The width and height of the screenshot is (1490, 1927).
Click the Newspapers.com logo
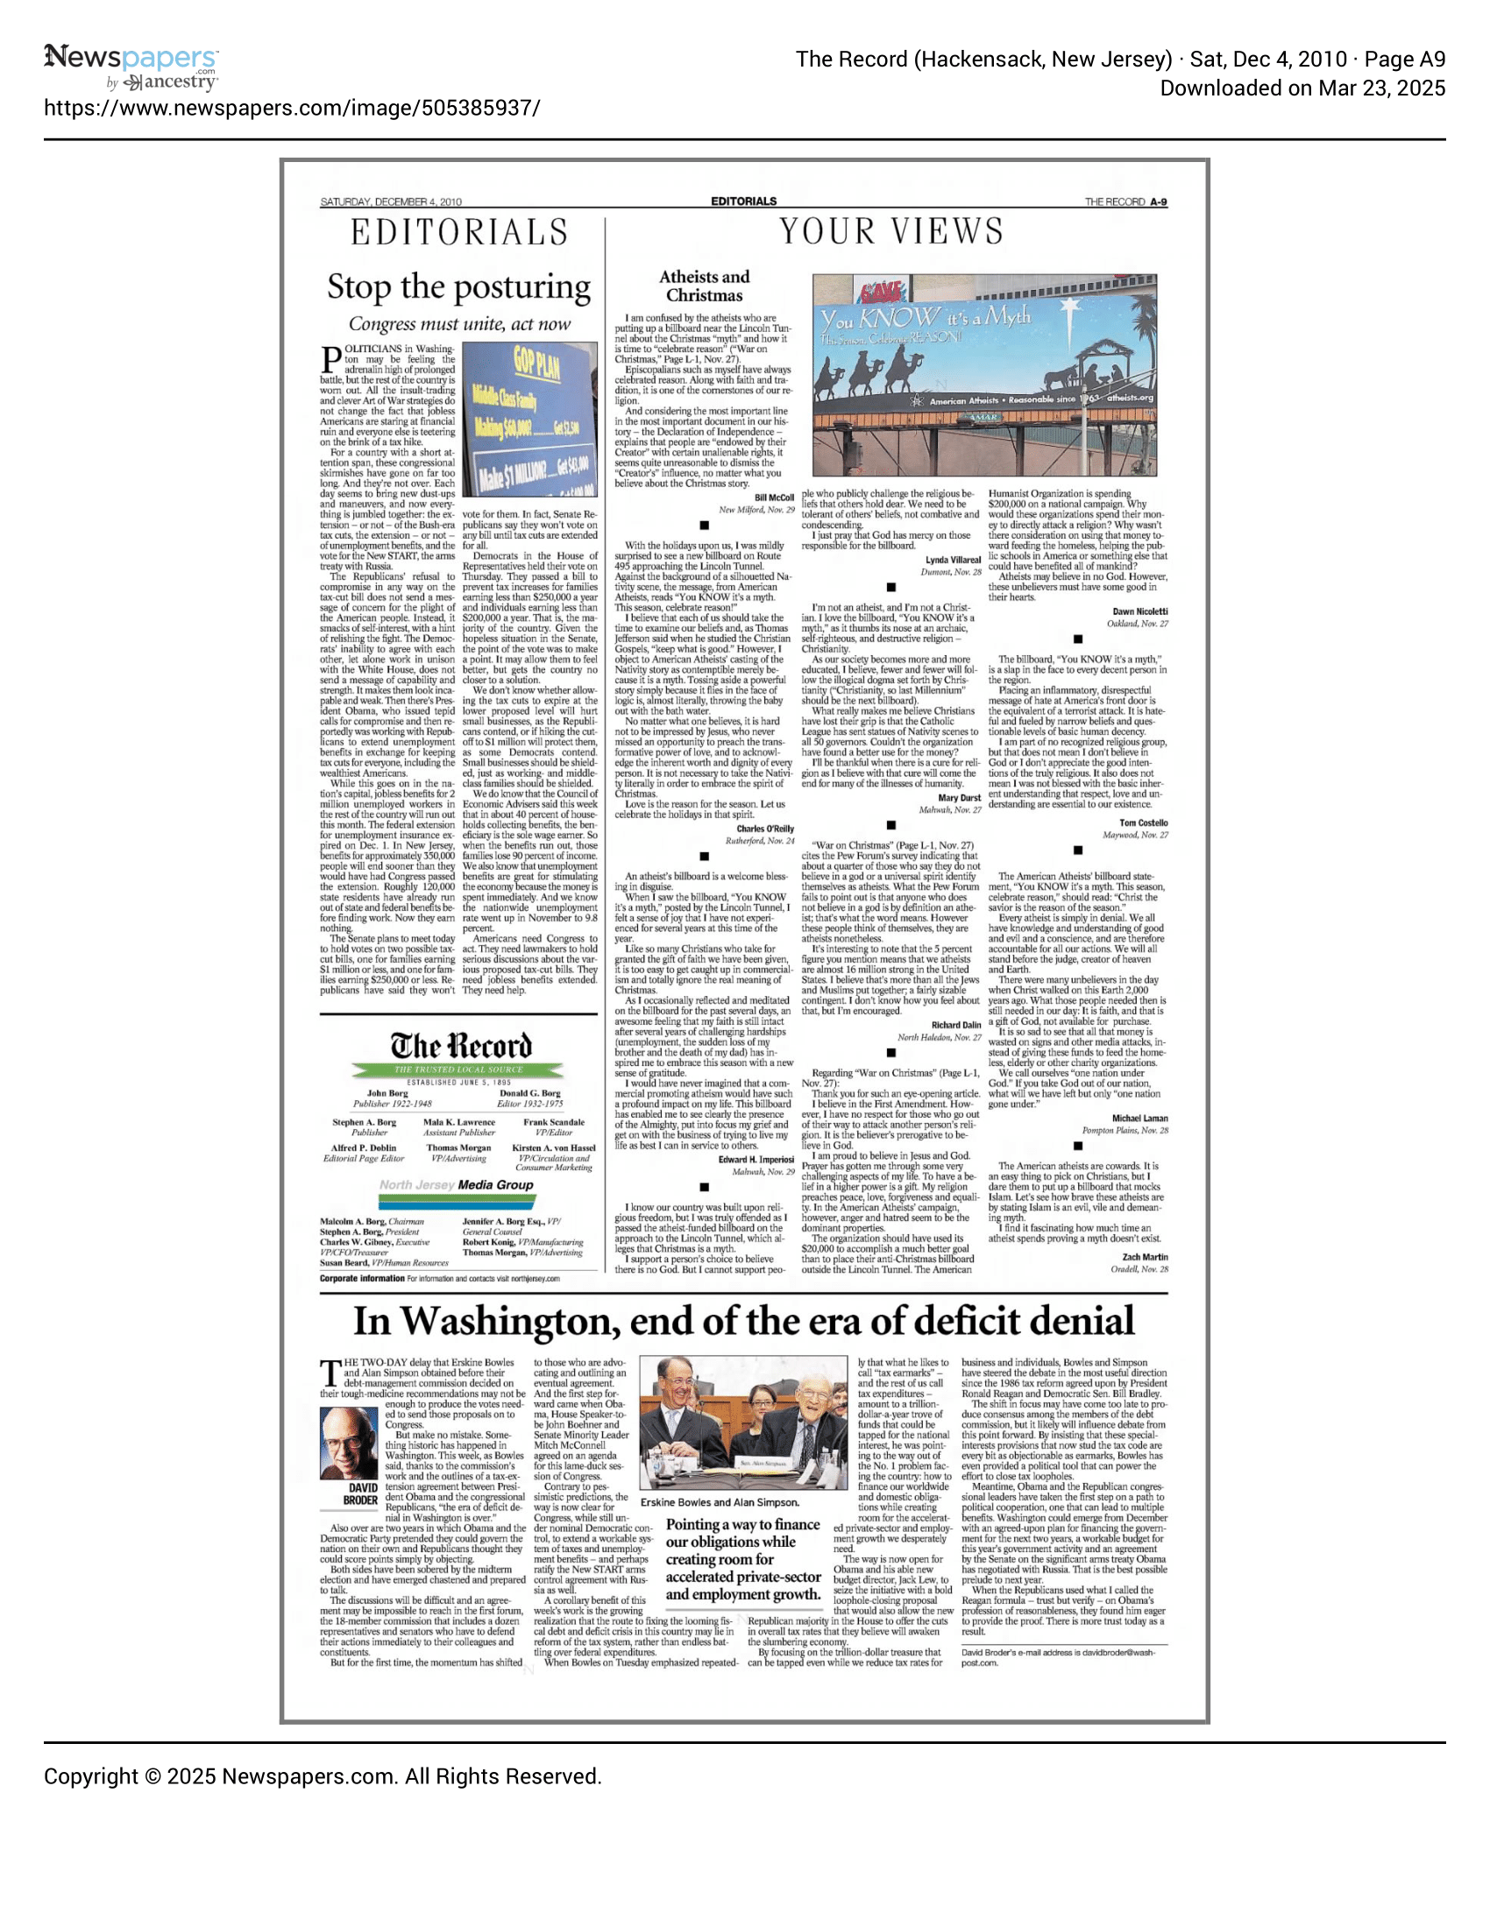tap(131, 67)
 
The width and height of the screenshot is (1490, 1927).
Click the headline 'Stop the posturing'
tap(459, 286)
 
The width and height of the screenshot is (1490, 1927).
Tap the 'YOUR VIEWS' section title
tap(890, 232)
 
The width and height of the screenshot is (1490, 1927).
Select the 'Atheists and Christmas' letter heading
tap(704, 286)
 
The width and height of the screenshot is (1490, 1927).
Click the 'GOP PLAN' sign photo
tap(529, 419)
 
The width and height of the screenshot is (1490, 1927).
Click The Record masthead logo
tap(461, 1048)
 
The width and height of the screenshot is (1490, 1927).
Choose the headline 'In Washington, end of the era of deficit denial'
tap(743, 1322)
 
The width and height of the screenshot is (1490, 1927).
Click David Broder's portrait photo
tap(349, 1443)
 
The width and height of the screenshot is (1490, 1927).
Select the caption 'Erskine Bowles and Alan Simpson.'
tap(720, 1501)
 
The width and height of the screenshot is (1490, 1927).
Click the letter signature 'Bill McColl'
tap(774, 498)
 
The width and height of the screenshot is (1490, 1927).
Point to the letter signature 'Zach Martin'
tap(1144, 1257)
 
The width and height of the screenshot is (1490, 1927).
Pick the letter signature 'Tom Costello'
tap(1143, 823)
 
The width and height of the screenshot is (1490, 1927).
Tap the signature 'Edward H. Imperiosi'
tap(756, 1160)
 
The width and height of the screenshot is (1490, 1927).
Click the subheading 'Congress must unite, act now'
tap(459, 324)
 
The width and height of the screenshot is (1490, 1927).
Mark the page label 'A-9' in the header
tap(1158, 202)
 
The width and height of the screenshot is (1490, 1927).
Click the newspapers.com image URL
tap(292, 109)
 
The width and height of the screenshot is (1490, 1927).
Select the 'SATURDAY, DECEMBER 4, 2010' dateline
tap(390, 202)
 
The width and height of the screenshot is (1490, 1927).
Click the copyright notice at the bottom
tap(323, 1776)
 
